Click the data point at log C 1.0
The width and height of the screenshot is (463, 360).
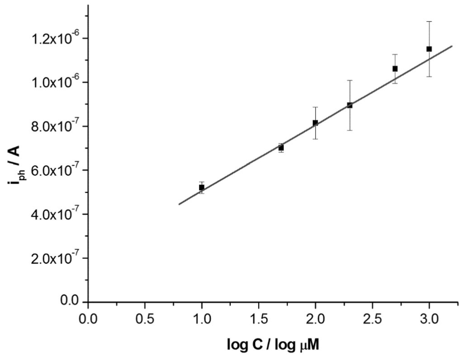pos(202,187)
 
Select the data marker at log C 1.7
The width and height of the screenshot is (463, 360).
pos(281,148)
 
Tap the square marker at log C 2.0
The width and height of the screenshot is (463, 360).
pos(315,123)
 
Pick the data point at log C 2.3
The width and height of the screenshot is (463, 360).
pos(350,105)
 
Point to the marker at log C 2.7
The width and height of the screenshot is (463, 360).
pos(395,69)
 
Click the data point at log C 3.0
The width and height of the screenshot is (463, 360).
pos(429,49)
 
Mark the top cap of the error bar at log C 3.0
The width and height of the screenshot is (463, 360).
pos(429,21)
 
